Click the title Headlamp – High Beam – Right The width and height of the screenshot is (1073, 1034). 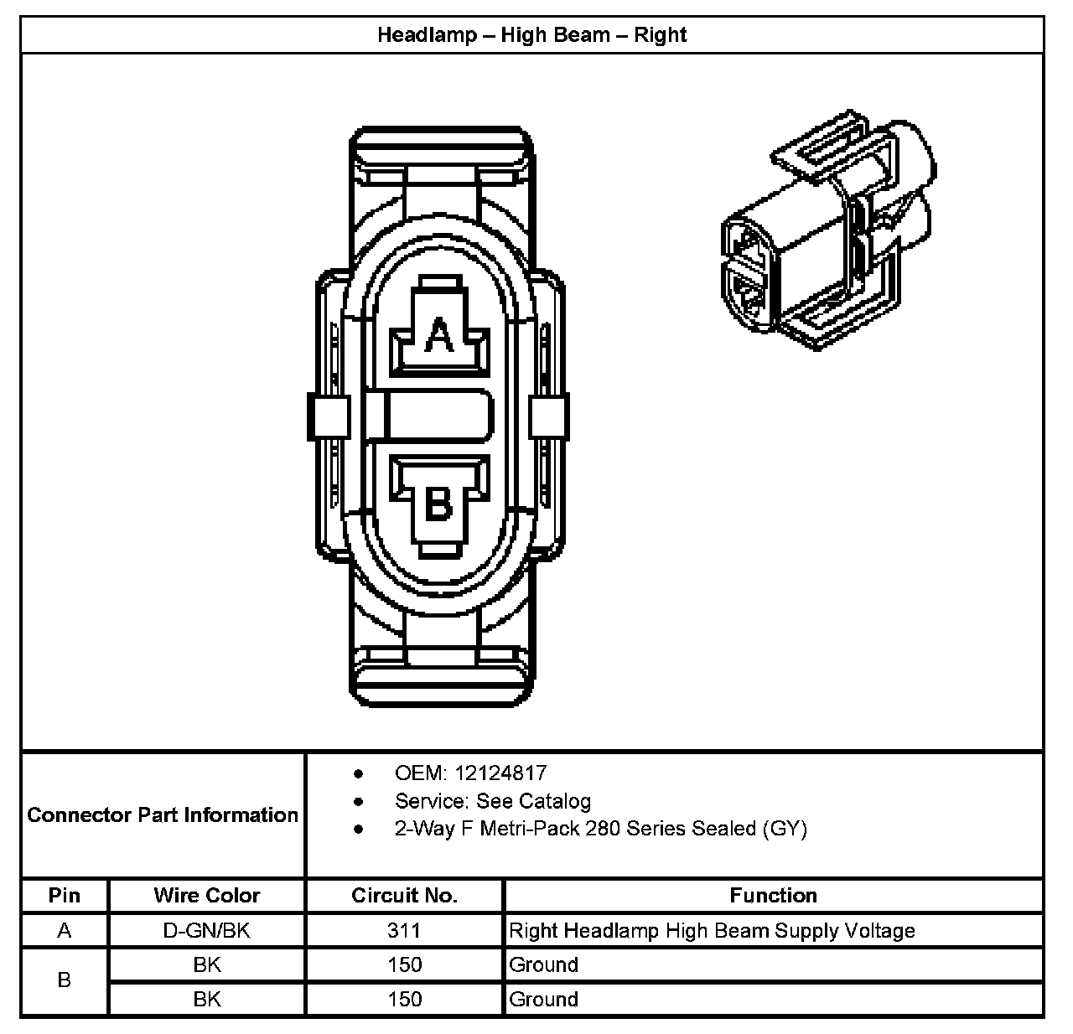(531, 35)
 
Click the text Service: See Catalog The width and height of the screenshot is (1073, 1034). (492, 801)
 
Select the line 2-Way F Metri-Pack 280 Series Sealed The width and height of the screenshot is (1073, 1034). (600, 829)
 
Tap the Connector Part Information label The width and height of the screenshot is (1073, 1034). (163, 814)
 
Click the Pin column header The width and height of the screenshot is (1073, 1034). (65, 895)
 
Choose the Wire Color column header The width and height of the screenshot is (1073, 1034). (207, 895)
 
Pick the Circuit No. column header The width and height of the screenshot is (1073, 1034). (404, 895)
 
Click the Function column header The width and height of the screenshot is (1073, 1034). (773, 895)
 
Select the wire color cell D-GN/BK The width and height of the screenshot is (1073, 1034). (207, 930)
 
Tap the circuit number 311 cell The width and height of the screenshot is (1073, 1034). (404, 930)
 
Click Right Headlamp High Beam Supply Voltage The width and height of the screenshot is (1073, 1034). (712, 930)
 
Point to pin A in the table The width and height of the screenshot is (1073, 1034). (65, 930)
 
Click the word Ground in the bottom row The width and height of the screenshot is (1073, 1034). (543, 999)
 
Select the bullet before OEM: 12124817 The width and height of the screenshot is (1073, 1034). (359, 773)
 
